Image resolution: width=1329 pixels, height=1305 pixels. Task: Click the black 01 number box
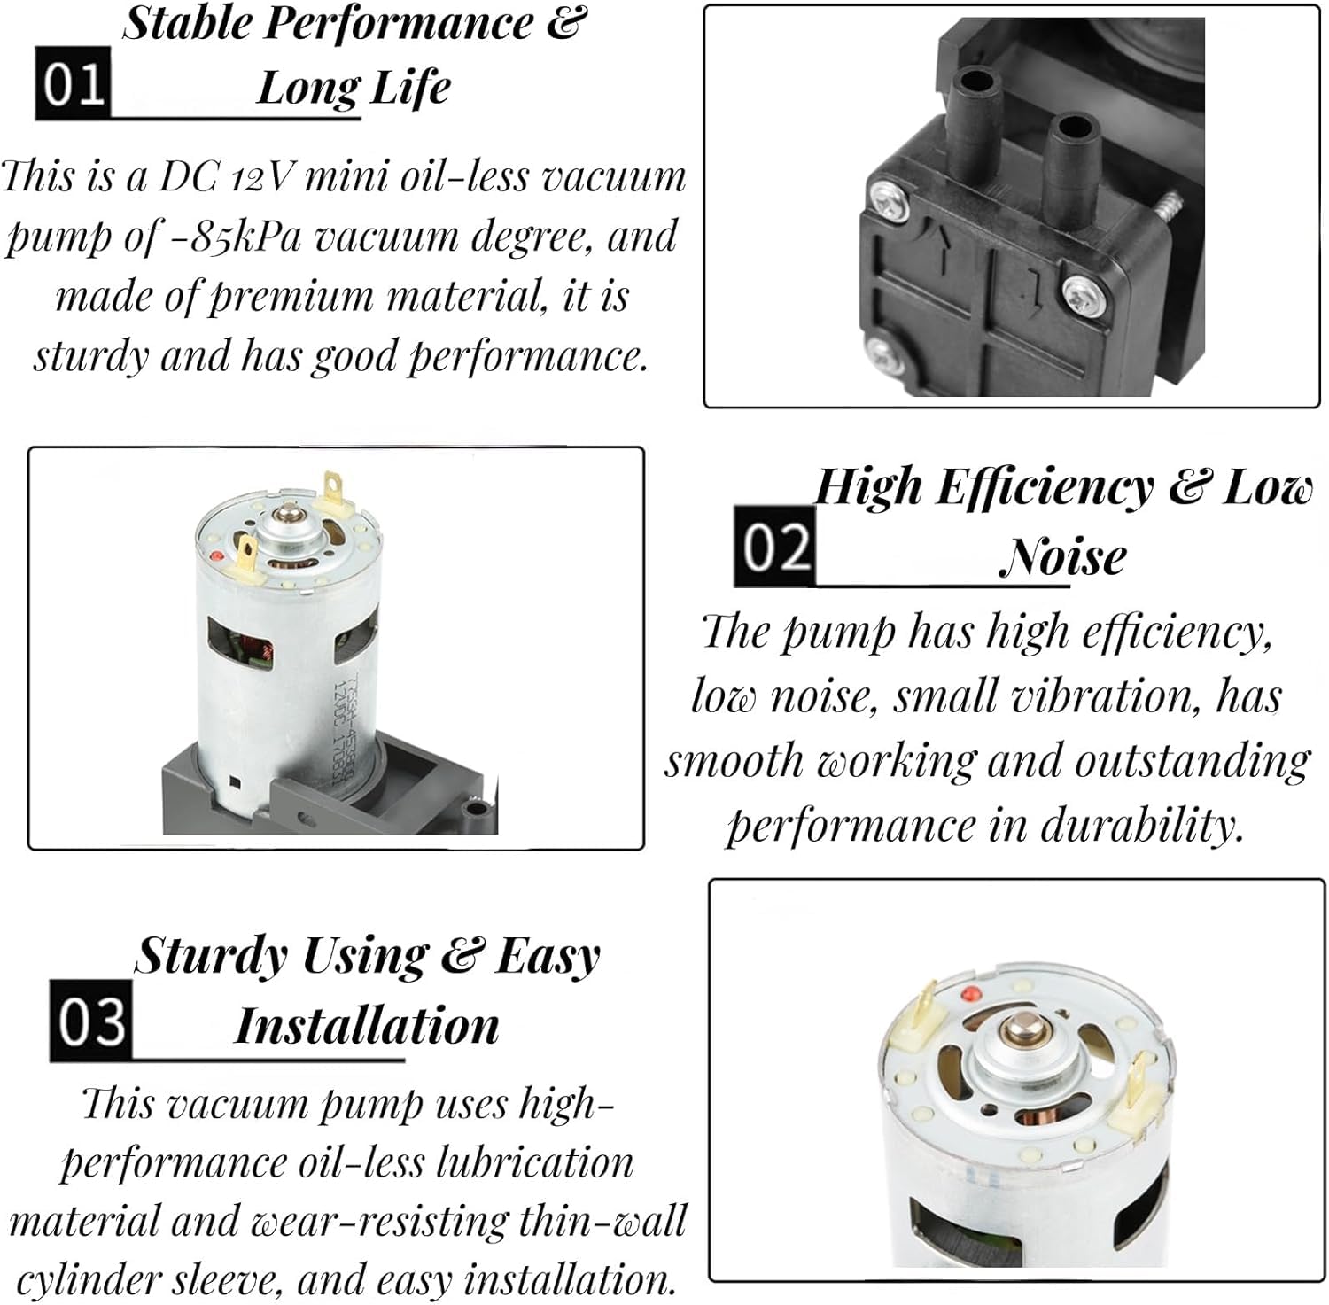pos(73,83)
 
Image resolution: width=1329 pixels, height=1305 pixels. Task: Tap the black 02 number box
pos(775,546)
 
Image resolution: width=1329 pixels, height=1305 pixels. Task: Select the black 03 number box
pos(90,1021)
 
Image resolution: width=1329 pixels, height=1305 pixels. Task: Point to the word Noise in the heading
pos(1063,557)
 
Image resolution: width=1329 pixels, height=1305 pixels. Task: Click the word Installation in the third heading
pos(367,1026)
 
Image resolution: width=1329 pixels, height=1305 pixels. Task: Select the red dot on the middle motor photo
pos(217,556)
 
